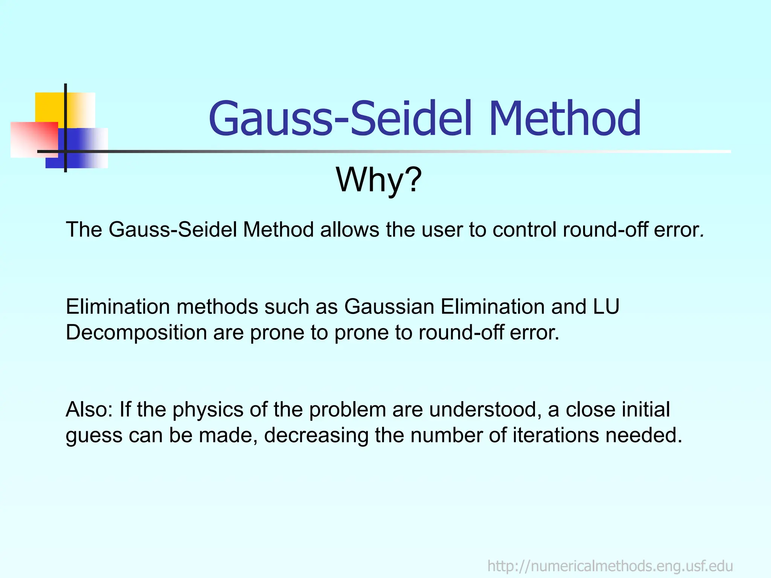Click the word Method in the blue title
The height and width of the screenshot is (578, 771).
click(x=565, y=119)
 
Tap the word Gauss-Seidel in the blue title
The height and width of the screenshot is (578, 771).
click(x=340, y=119)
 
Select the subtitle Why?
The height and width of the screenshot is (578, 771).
click(x=379, y=180)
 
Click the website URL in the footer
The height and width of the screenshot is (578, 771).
click(x=610, y=566)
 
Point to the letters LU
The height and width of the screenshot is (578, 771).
click(x=606, y=307)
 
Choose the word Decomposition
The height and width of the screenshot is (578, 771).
click(x=136, y=333)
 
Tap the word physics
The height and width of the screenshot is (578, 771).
click(x=207, y=410)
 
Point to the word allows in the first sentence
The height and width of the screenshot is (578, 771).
click(x=349, y=230)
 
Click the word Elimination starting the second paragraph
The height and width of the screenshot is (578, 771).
click(x=117, y=307)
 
